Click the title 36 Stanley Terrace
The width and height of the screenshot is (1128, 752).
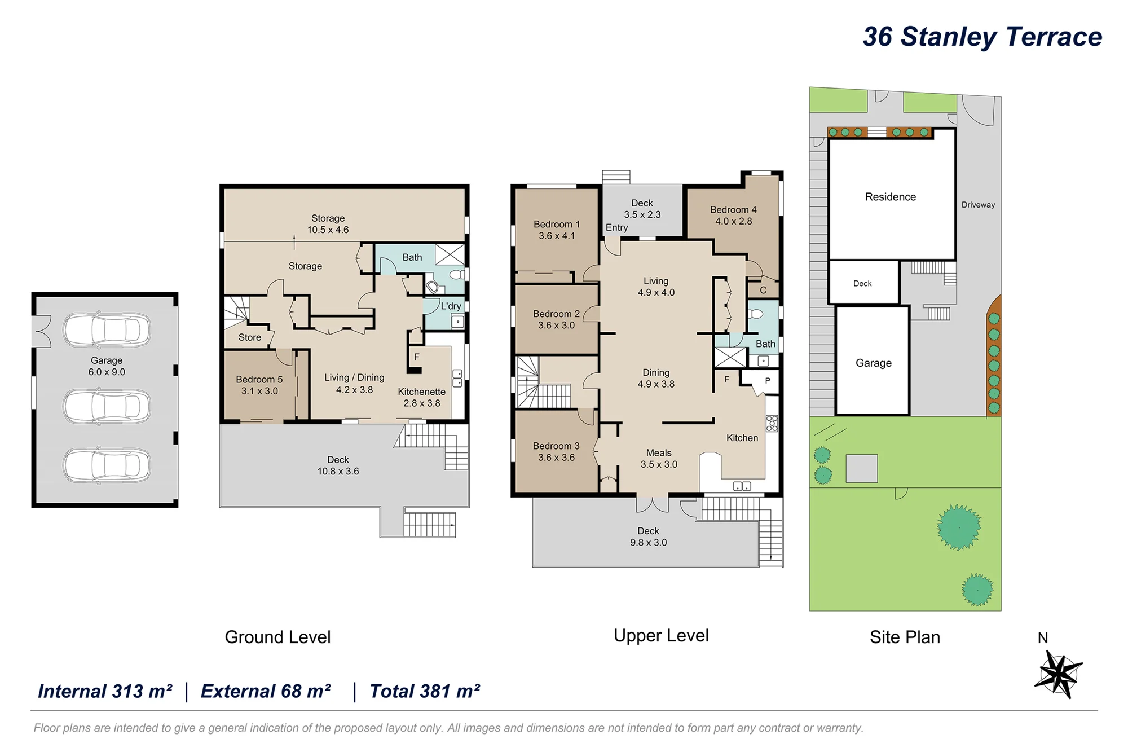coord(982,37)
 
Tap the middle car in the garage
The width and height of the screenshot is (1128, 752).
coord(107,406)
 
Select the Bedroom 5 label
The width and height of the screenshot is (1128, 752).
coord(259,380)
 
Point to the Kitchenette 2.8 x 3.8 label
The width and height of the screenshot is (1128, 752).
coord(422,397)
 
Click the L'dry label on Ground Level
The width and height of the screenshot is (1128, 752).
coord(451,306)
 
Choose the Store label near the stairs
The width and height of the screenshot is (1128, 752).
coord(250,337)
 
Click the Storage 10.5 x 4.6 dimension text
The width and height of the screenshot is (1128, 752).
coord(328,230)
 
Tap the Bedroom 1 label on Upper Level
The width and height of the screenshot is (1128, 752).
coord(557,225)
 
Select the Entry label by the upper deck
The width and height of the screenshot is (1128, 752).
coord(616,227)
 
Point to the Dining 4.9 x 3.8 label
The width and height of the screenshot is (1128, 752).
coord(656,379)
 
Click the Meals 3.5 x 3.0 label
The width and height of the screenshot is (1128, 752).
coord(659,459)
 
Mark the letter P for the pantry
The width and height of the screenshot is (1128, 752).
coord(768,381)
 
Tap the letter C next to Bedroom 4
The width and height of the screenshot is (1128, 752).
coord(763,291)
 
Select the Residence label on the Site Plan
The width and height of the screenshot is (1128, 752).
coord(891,197)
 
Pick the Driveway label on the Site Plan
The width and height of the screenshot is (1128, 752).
coord(978,205)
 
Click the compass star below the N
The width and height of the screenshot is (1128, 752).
coord(1059,674)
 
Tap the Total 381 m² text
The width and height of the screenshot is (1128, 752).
coord(425,691)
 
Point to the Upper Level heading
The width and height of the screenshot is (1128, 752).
coord(661,636)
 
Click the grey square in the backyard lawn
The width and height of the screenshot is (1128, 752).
coord(861,468)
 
